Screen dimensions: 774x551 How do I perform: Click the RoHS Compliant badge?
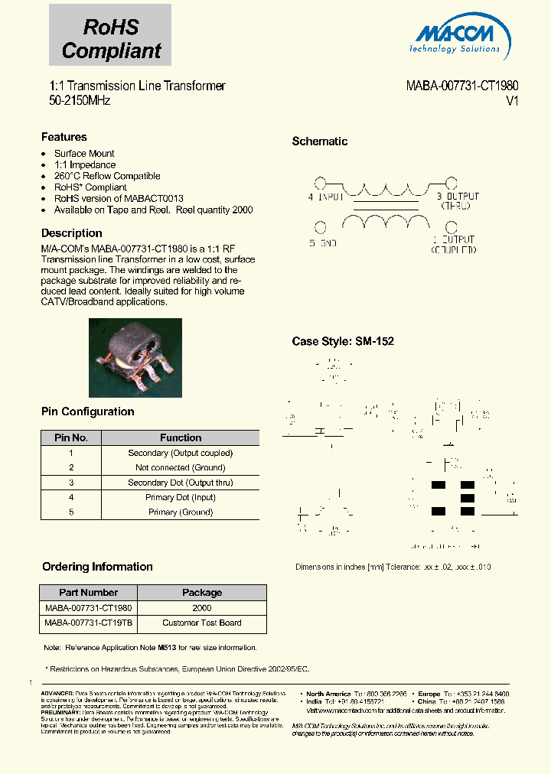pos(110,39)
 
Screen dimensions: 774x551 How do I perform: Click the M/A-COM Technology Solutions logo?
pos(458,37)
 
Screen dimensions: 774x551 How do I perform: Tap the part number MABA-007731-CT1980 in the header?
pos(461,86)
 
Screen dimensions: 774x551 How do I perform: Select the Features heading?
pos(64,137)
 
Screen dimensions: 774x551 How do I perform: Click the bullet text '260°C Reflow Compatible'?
pos(107,176)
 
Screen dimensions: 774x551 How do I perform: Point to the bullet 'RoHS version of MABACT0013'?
pos(119,198)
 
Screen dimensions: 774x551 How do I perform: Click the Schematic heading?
pos(319,141)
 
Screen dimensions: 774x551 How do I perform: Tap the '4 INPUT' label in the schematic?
pos(325,197)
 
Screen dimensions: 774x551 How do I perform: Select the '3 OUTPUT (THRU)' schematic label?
pos(457,200)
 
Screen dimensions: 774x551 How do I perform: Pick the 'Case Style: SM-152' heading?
pos(343,341)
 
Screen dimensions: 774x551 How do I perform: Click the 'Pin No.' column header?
pos(71,438)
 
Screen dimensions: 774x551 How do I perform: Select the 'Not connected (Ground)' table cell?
pos(180,467)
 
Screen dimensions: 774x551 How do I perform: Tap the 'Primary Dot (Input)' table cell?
pos(180,497)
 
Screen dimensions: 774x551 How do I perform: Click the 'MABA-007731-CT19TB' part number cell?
pos(88,623)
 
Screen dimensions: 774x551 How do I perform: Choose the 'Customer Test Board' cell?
pos(201,623)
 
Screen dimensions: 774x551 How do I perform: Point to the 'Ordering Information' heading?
pos(97,567)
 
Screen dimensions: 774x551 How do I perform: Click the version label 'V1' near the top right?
pos(512,101)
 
